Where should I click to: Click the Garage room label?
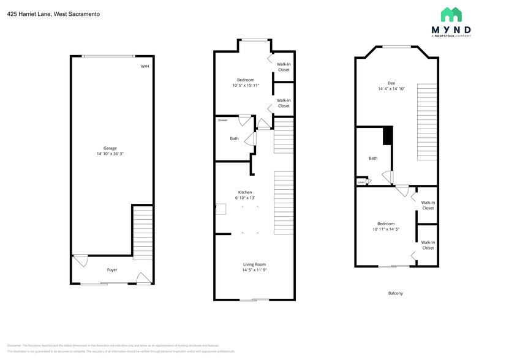[x=110, y=148]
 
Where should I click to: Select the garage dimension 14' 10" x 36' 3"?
[x=110, y=154]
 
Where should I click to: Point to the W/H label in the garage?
[x=145, y=66]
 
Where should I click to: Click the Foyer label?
[x=112, y=270]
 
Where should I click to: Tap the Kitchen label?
[x=245, y=192]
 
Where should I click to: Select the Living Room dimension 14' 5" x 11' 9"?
[x=254, y=269]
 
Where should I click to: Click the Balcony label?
[x=396, y=293]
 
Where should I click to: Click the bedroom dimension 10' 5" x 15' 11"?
[x=246, y=86]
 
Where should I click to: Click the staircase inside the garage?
[x=142, y=232]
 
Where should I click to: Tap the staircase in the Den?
[x=426, y=122]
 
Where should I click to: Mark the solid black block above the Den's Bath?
[x=387, y=135]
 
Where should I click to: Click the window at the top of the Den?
[x=397, y=47]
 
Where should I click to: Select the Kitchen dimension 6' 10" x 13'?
[x=246, y=198]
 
